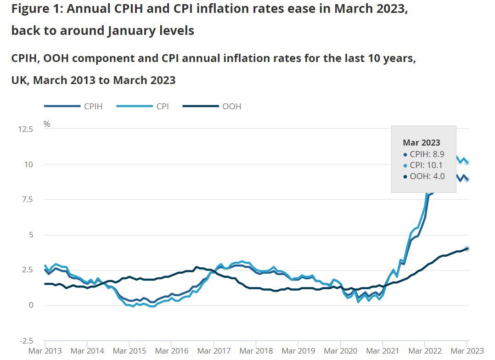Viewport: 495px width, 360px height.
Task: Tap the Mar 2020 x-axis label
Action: coord(340,351)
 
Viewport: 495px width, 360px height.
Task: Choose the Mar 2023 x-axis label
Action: coord(466,351)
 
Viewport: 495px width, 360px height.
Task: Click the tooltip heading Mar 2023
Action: coord(421,143)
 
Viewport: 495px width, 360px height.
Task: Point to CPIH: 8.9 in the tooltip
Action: coord(423,154)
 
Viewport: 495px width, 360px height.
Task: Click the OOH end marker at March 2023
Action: coord(467,248)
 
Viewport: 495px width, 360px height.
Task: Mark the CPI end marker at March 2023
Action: coord(467,163)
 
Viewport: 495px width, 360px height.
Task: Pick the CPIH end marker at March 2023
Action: coord(467,180)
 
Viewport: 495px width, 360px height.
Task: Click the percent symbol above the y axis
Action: coord(46,124)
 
